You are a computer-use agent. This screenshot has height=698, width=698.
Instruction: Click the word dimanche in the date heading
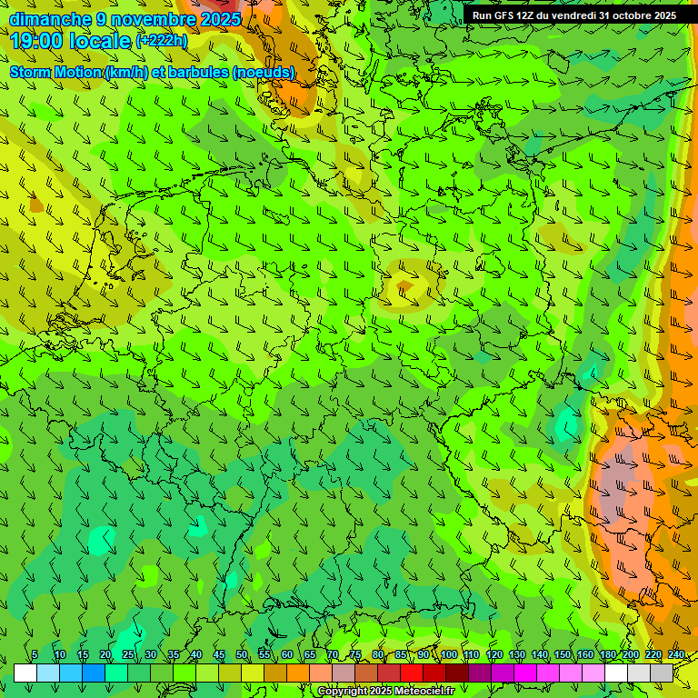(x=49, y=19)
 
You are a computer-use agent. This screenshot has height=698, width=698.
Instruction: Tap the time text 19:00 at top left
(x=35, y=41)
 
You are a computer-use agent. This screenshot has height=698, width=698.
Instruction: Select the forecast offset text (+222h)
(x=161, y=41)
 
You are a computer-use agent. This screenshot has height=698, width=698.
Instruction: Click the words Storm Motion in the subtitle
(x=56, y=72)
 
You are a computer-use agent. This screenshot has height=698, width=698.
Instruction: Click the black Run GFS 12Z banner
(x=573, y=15)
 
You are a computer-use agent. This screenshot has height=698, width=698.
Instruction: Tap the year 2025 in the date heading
(x=219, y=19)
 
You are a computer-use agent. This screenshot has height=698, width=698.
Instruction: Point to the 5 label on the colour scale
(x=35, y=655)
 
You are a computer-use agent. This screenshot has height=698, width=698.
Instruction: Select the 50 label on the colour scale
(x=242, y=655)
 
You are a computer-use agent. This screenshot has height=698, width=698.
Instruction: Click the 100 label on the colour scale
(x=449, y=655)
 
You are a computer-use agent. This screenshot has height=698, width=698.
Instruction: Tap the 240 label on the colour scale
(x=676, y=655)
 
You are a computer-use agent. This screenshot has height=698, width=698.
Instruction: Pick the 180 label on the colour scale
(x=608, y=655)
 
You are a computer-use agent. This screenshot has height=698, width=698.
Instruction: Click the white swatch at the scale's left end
(x=25, y=673)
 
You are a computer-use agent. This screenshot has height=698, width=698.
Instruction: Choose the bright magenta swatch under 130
(x=525, y=673)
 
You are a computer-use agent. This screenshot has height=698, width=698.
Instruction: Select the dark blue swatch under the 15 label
(x=94, y=673)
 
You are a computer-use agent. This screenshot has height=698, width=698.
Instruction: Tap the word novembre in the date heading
(x=148, y=19)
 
